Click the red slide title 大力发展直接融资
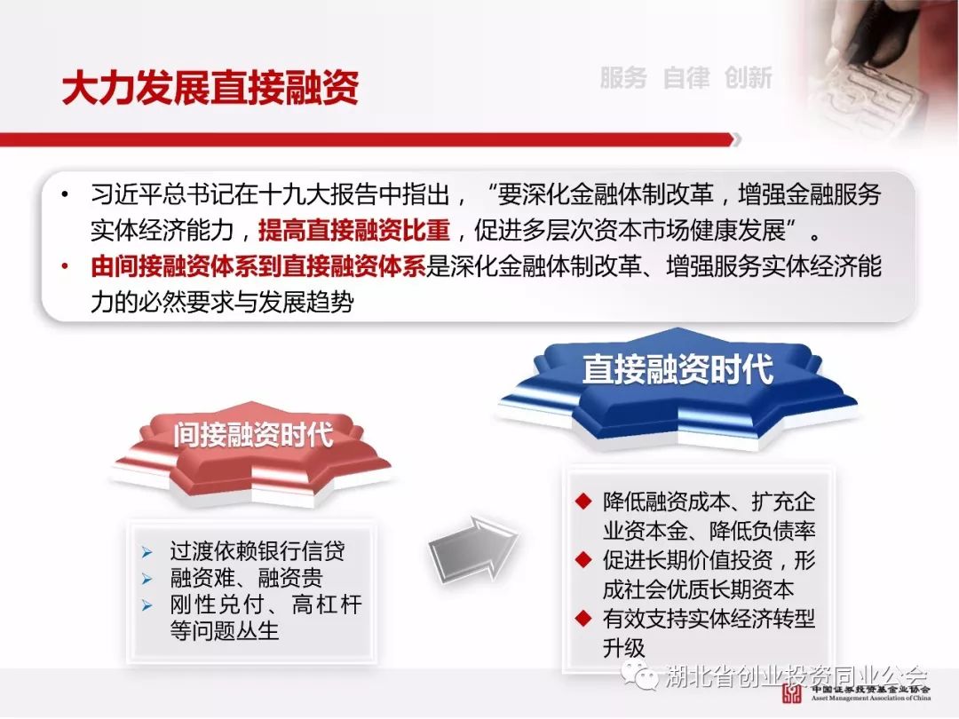tap(210, 87)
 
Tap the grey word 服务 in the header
tap(623, 77)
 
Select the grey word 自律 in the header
tap(686, 77)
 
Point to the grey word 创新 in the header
tap(748, 77)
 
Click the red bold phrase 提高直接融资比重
tap(354, 231)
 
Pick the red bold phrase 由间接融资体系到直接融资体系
tap(258, 266)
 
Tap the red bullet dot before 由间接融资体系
tap(65, 266)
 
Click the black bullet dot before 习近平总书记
tap(65, 195)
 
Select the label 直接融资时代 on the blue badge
tap(678, 369)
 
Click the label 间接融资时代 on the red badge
tap(253, 435)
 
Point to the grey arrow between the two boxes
tap(472, 547)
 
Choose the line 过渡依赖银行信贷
tap(258, 551)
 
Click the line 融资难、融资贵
tap(247, 578)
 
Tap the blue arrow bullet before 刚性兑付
tap(147, 605)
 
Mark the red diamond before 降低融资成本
tap(583, 502)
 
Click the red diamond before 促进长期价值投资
tap(583, 559)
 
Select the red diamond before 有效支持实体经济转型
tap(583, 618)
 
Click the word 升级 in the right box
tap(624, 648)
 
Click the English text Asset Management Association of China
tap(871, 698)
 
